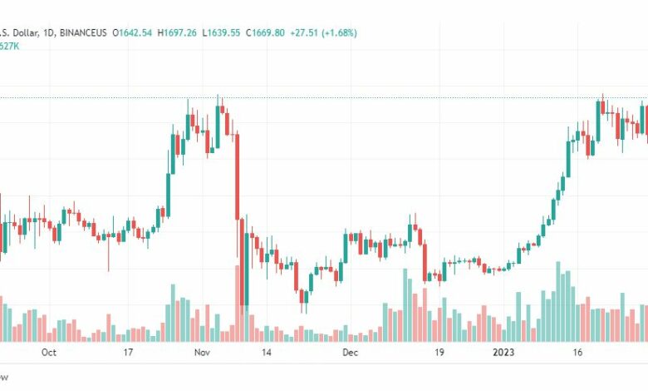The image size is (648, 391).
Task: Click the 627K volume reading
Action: click(10, 47)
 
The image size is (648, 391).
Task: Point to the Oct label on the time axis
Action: click(48, 353)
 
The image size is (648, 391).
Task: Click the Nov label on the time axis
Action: click(202, 353)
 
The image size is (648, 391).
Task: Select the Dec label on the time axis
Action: click(351, 353)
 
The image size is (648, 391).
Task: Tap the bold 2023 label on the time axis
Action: click(504, 353)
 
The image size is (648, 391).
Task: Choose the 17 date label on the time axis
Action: click(128, 353)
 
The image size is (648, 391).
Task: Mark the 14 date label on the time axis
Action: click(266, 353)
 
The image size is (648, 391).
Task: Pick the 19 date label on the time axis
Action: click(440, 353)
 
